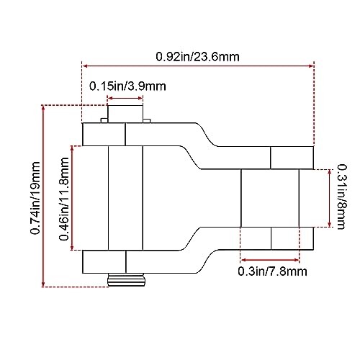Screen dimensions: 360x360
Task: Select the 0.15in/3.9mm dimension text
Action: coord(127,86)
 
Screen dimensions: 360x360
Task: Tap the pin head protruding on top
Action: coord(126,114)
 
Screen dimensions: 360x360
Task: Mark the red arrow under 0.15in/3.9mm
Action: coord(127,100)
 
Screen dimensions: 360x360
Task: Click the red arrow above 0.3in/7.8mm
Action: coord(269,260)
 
